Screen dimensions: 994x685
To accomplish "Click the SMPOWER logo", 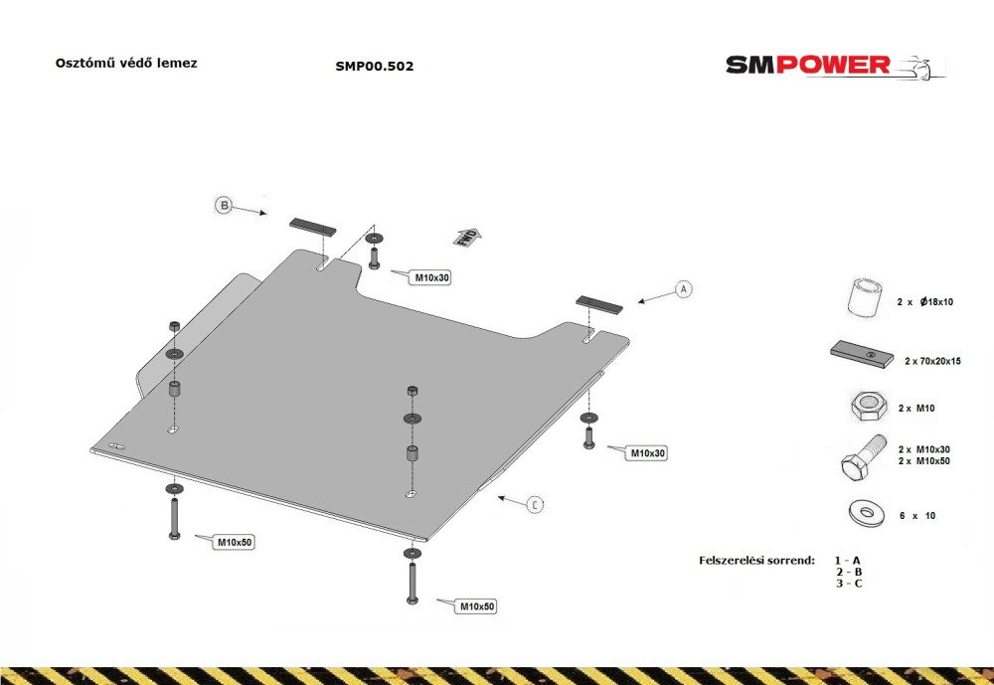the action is tap(836, 66).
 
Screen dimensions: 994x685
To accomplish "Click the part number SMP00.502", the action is tap(375, 66).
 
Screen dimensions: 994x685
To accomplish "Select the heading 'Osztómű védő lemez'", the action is tap(126, 64).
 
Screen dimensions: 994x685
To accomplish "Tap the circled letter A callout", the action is tap(684, 289).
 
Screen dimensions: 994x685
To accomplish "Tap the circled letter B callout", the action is tap(223, 206).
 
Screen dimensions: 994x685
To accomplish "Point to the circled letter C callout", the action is tap(536, 505).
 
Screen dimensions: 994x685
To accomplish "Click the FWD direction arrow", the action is tap(467, 237).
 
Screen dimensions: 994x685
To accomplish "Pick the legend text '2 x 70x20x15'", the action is tap(932, 361).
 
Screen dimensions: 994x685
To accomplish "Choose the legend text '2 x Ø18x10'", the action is tap(924, 302).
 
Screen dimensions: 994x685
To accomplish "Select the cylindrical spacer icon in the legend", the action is tap(865, 296).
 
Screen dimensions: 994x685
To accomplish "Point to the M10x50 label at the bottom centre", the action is tap(477, 606).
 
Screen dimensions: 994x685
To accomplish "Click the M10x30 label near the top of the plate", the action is tap(431, 277).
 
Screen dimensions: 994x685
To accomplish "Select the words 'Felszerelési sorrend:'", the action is tap(756, 560).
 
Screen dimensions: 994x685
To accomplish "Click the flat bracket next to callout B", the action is tap(313, 227).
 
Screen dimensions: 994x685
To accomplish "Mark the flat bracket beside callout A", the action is tap(599, 304).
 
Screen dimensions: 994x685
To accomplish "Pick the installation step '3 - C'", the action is tap(849, 584).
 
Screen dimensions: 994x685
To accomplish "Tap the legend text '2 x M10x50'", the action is tap(923, 461).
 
